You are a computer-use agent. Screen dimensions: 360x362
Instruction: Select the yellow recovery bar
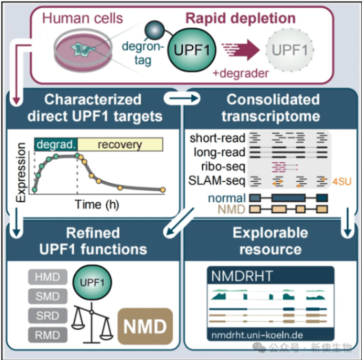[120, 144]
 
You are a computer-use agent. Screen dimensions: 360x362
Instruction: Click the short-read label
[217, 137]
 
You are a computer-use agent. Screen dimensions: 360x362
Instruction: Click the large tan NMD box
[144, 326]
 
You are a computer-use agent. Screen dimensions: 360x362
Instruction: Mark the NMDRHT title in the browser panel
[242, 276]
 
